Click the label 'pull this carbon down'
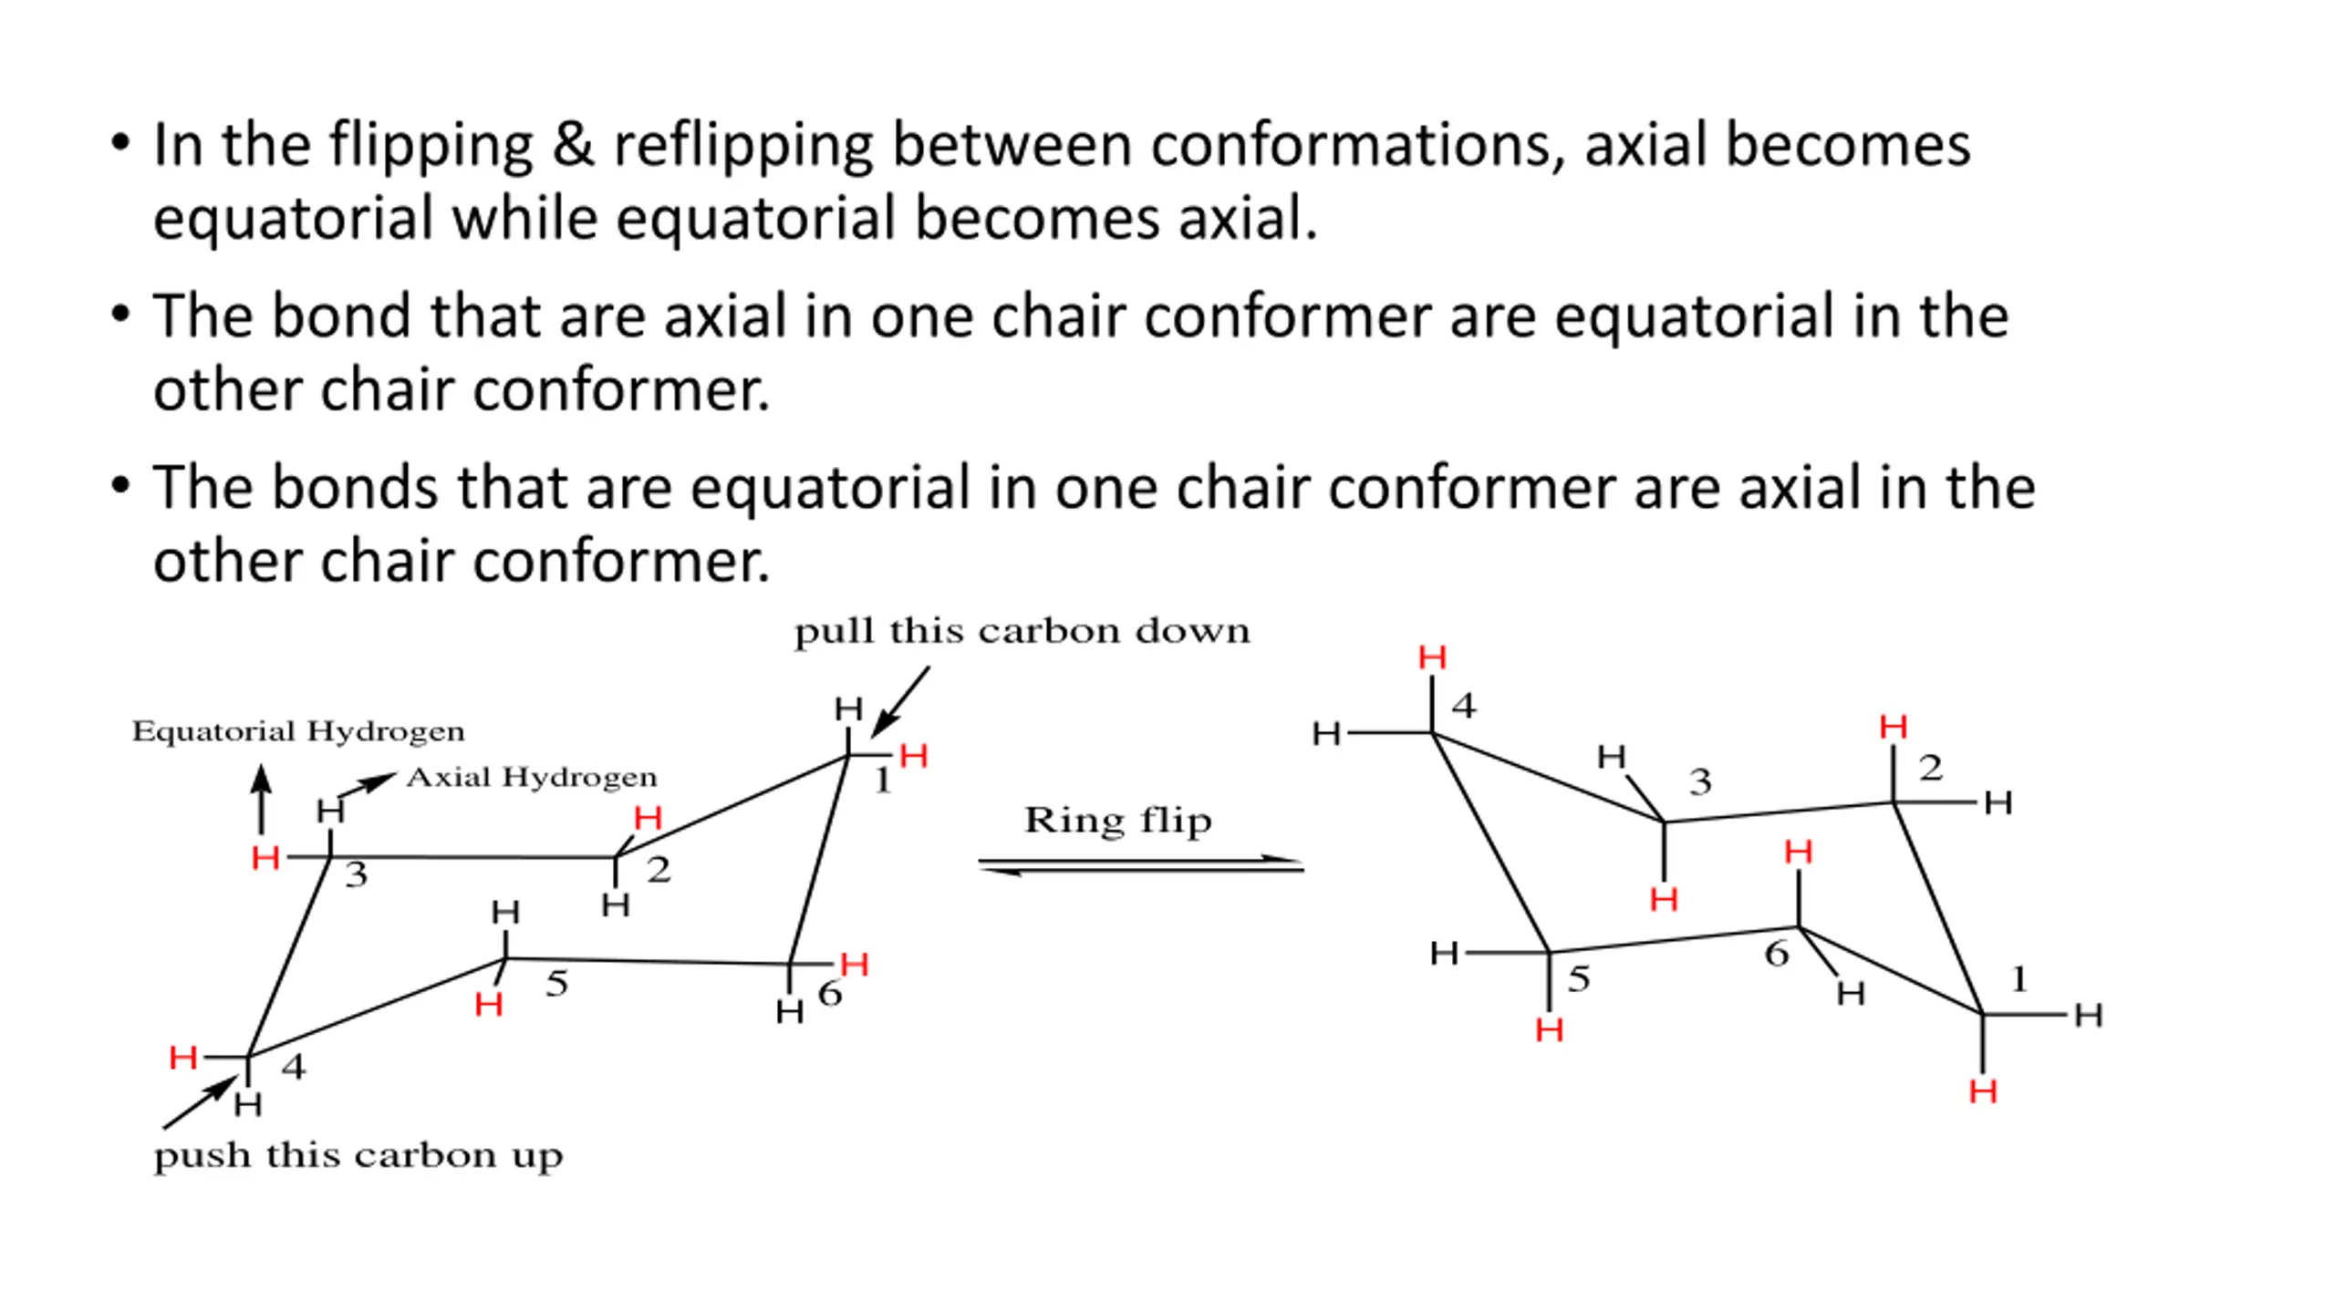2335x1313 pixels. (x=1022, y=631)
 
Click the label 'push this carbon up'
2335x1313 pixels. (x=358, y=1156)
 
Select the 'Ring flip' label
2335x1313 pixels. (x=1118, y=821)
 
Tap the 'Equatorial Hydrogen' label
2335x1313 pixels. (x=298, y=731)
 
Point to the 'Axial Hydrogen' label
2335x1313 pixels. (x=532, y=777)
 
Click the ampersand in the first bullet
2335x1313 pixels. (x=573, y=146)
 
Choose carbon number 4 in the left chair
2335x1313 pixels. (x=293, y=1067)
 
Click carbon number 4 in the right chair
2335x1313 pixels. (x=1464, y=706)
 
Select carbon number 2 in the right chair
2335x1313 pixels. (x=1930, y=769)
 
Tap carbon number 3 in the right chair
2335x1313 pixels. (x=1700, y=782)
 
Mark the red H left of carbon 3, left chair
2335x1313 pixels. (x=265, y=858)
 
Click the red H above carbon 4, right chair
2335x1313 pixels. (x=1432, y=657)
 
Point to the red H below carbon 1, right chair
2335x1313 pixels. (x=1983, y=1091)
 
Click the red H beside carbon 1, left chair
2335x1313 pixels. (x=913, y=756)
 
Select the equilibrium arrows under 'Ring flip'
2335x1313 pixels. (x=1141, y=864)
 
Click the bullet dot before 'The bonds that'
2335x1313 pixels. (x=120, y=486)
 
